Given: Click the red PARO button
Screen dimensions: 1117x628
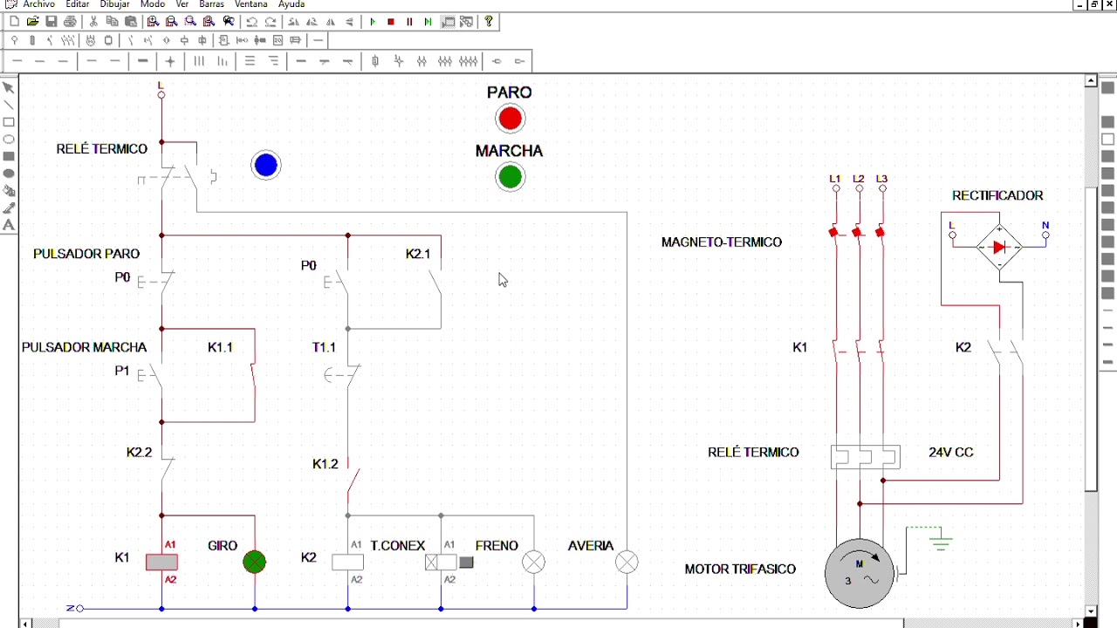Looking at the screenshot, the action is pyautogui.click(x=510, y=119).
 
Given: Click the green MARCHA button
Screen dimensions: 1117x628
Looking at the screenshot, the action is pyautogui.click(x=510, y=177).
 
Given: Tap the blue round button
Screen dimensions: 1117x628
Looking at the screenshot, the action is pyautogui.click(x=266, y=165).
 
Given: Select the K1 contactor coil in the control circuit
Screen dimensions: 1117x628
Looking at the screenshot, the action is pyautogui.click(x=161, y=563).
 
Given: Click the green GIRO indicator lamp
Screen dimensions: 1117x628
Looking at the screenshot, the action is pyautogui.click(x=254, y=563).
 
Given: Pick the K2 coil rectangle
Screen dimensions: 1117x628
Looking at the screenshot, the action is pyautogui.click(x=347, y=563).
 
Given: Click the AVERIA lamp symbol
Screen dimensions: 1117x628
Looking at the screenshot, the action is pyautogui.click(x=627, y=563).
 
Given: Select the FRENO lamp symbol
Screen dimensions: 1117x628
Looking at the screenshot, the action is pyautogui.click(x=533, y=563).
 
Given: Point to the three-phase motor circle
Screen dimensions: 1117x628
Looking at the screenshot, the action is pyautogui.click(x=860, y=573).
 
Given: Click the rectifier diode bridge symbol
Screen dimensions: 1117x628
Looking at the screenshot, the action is pyautogui.click(x=999, y=247).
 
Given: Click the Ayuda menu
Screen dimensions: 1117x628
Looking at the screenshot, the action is pyautogui.click(x=291, y=4).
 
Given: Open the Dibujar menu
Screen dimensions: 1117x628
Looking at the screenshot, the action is pyautogui.click(x=114, y=4).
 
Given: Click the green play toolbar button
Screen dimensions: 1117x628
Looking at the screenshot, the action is pyautogui.click(x=373, y=22).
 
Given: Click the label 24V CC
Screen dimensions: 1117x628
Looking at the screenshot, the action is pyautogui.click(x=950, y=452).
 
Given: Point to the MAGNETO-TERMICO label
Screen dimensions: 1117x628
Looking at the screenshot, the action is pyautogui.click(x=722, y=242).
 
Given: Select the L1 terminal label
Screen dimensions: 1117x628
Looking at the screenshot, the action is pyautogui.click(x=835, y=179).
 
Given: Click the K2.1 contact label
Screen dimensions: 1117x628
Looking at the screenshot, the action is pyautogui.click(x=418, y=254).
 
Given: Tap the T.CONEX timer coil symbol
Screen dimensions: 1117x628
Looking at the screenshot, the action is pyautogui.click(x=441, y=563).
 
